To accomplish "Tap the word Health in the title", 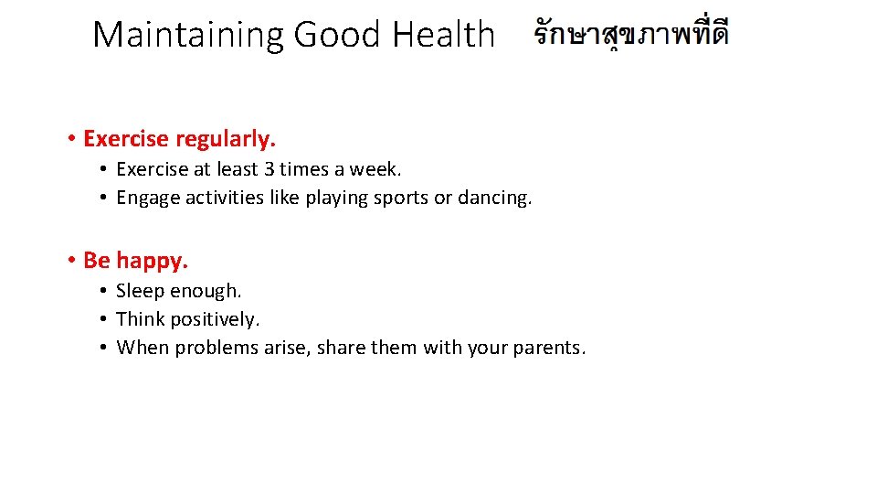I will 443,35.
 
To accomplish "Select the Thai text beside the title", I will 631,35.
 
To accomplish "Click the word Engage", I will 148,198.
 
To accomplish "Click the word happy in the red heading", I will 152,261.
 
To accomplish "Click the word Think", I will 140,319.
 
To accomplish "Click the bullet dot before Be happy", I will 70,261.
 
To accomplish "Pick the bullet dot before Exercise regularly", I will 70,139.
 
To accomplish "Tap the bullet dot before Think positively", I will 106,319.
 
